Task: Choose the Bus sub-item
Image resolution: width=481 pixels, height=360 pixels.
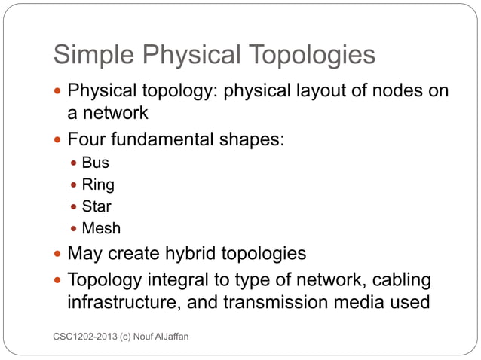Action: (95, 163)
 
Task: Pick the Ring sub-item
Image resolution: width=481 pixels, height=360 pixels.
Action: (98, 185)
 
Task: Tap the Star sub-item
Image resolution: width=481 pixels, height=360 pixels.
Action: (97, 206)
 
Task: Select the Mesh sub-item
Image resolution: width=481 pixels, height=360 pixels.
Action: (101, 227)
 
